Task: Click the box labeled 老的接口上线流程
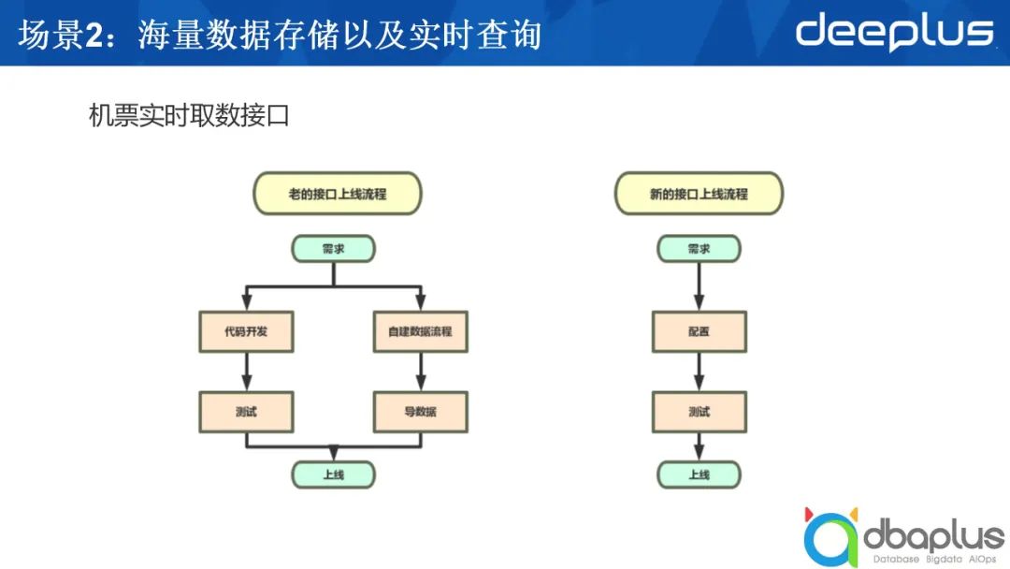(x=338, y=195)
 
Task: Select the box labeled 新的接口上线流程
(x=699, y=195)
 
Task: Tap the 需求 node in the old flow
(x=334, y=249)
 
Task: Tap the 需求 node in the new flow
(x=699, y=249)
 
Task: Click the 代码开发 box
(x=246, y=331)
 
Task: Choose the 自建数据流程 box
(x=420, y=331)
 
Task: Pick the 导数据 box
(x=420, y=412)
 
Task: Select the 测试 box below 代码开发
(x=246, y=412)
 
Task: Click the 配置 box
(x=699, y=331)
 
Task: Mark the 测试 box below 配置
(x=699, y=412)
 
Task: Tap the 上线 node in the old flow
(x=334, y=474)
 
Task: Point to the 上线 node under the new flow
(x=699, y=474)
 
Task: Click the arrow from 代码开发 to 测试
(x=246, y=372)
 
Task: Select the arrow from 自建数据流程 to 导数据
(x=420, y=372)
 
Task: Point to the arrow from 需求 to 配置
(x=699, y=286)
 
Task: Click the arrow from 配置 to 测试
(x=699, y=372)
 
